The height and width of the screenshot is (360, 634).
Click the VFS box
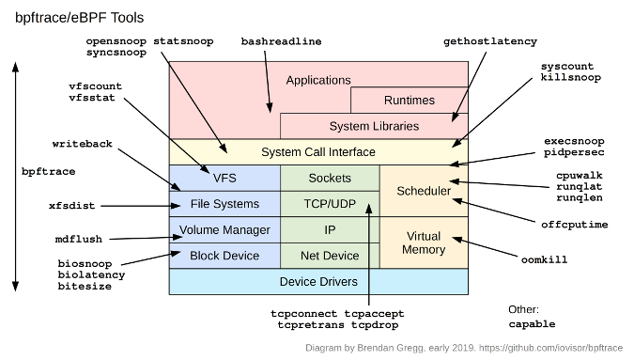tap(224, 178)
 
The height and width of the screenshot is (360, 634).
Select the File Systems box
tap(224, 204)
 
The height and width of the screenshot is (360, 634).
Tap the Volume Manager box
tap(224, 229)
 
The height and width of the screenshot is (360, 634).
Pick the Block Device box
tap(224, 256)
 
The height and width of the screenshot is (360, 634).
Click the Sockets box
tap(329, 178)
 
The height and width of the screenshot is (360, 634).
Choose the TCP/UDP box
tap(329, 204)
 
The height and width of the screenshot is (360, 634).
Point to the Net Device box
tap(329, 256)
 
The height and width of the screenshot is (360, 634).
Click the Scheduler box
tap(424, 191)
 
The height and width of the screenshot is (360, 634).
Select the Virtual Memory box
tap(424, 243)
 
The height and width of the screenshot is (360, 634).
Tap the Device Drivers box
tap(317, 282)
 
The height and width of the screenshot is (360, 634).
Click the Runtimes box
tap(409, 101)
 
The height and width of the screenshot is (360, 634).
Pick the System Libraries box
tap(374, 126)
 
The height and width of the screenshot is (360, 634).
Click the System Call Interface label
tap(317, 151)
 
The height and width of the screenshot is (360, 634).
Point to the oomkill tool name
tap(544, 259)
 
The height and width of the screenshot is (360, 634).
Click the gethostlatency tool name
tap(489, 42)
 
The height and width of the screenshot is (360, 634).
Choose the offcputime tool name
tap(574, 225)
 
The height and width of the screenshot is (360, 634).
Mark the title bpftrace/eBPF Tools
tap(79, 18)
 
